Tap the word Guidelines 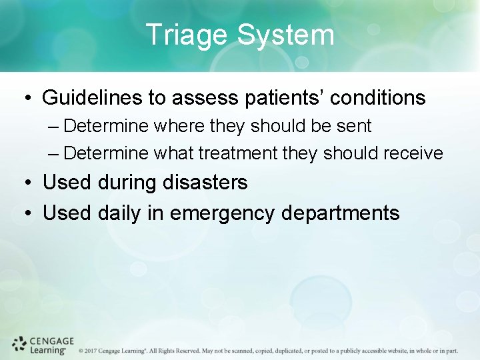click(92, 98)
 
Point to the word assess click(204, 98)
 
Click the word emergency click(223, 213)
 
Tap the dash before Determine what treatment click(55, 154)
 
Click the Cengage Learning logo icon click(20, 344)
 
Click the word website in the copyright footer click(389, 350)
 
